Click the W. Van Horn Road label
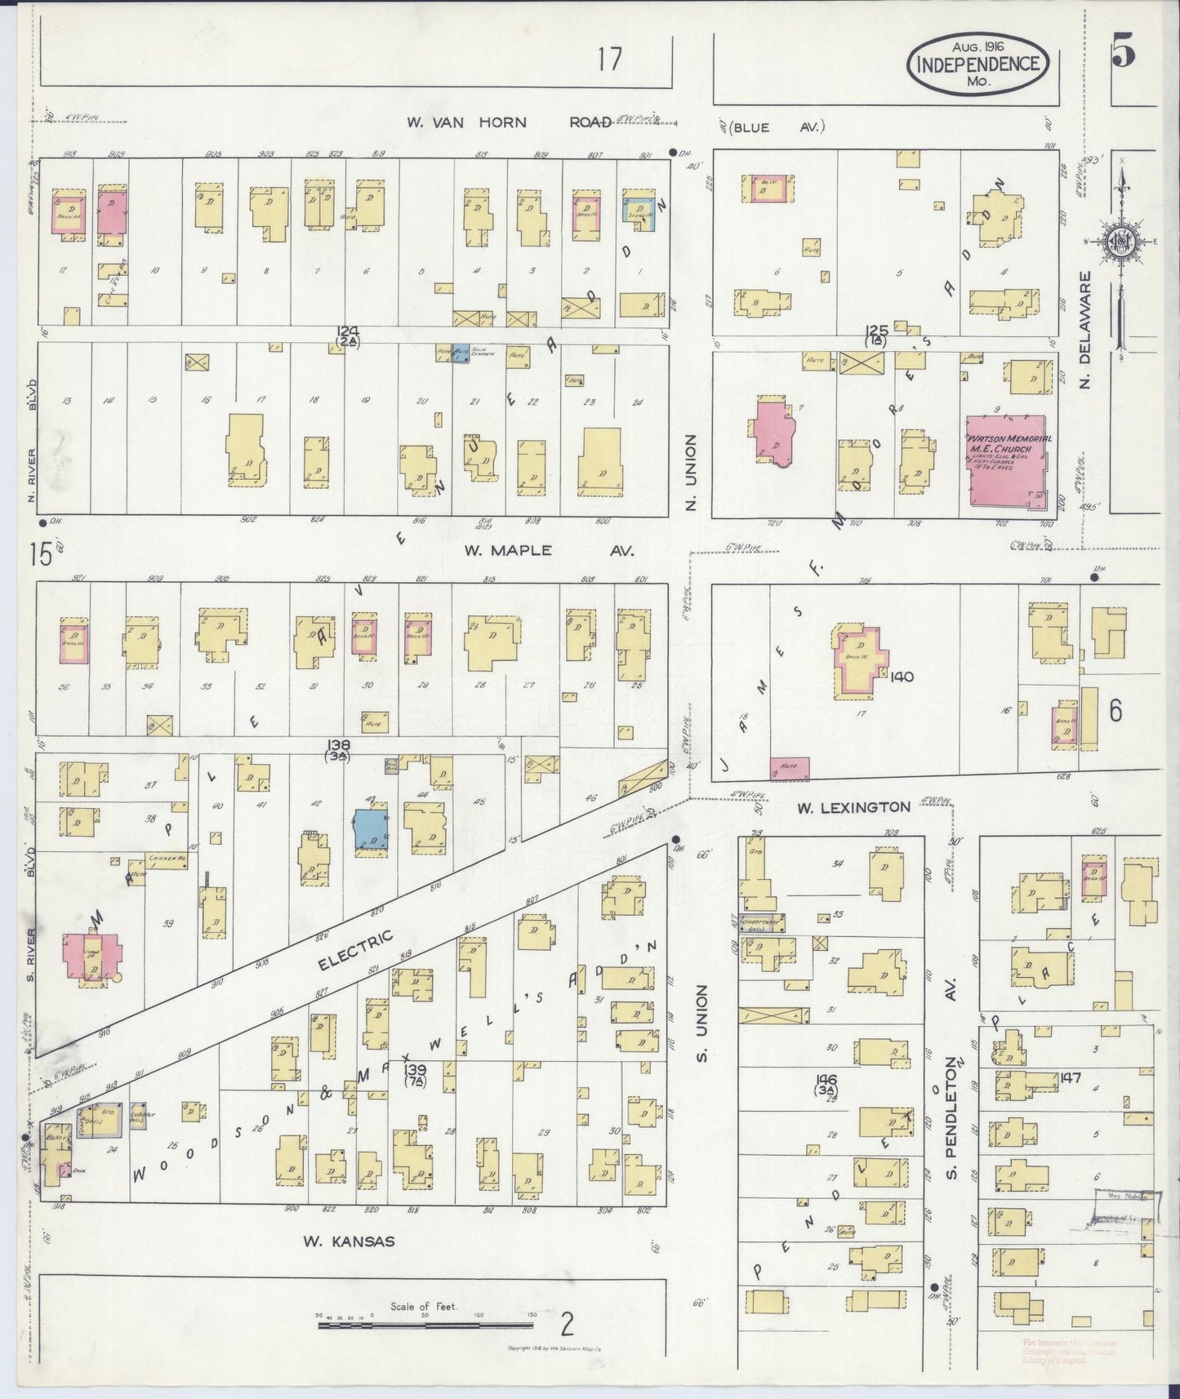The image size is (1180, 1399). (509, 122)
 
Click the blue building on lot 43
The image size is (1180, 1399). (372, 831)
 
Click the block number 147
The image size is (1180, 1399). (1070, 1077)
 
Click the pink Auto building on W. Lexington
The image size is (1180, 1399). (789, 768)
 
